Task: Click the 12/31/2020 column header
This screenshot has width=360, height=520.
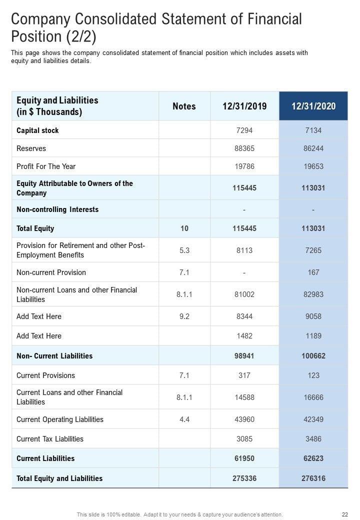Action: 313,106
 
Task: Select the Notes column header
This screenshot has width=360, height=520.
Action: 184,106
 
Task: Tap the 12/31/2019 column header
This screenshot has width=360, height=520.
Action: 244,106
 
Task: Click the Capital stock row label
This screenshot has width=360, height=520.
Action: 37,130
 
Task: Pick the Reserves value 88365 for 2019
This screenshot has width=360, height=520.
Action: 244,148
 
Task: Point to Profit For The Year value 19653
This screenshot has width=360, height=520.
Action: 313,166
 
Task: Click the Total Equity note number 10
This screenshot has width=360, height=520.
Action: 184,228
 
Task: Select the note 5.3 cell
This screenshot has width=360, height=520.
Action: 184,250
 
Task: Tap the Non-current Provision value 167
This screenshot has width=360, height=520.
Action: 313,272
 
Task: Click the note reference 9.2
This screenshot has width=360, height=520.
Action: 184,316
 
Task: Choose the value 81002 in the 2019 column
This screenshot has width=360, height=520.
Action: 244,294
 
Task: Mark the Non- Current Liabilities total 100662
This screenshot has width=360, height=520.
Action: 313,356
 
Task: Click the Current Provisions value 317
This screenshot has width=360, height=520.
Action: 244,375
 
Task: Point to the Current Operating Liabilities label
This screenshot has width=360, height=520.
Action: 60,419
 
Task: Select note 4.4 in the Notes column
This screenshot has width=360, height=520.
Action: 184,419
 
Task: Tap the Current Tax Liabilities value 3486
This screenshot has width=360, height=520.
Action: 313,439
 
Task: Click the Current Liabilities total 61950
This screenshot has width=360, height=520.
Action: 244,458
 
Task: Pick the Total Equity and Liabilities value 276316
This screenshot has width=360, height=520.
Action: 313,478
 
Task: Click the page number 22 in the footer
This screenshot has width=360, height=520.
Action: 345,514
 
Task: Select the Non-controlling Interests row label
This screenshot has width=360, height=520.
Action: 57,209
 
